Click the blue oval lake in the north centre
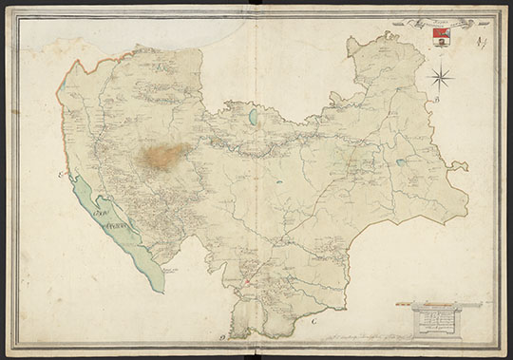coord(253,119)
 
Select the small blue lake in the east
coord(401,162)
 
